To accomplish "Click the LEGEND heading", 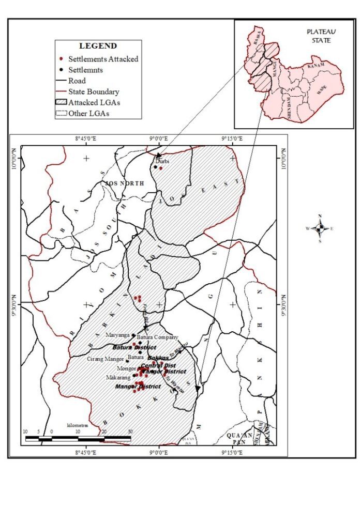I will point(98,46).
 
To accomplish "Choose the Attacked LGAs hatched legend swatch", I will point(62,102).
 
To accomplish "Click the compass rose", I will point(320,227).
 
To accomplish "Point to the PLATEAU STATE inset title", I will point(318,36).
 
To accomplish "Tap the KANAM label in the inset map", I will point(315,65).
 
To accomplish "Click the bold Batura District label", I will point(134,347).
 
